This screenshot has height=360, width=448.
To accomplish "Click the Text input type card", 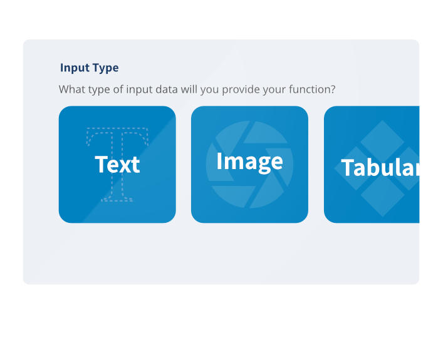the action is coord(117,165).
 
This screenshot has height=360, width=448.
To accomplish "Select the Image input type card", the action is coord(249,165).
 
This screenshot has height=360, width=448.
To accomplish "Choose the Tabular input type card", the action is coord(372,165).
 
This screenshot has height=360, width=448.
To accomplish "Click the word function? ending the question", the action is coord(312,90).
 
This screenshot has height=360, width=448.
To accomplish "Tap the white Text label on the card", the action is coord(117,165).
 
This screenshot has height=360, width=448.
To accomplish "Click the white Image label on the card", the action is coord(250,162).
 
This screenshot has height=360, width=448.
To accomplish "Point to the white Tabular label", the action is coord(380,168).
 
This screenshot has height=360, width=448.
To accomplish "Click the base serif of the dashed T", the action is coord(117,198).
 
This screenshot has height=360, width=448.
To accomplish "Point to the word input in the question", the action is coord(140,90).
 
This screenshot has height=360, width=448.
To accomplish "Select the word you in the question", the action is coord(210,90).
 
